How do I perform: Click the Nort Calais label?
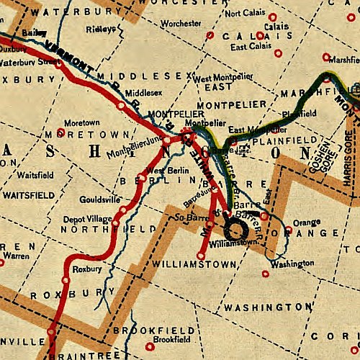click(x=247, y=13)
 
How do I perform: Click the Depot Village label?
click(x=85, y=217)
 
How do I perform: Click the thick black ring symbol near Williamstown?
click(x=235, y=230)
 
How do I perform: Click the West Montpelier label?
click(x=221, y=77)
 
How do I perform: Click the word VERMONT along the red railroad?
click(x=68, y=56)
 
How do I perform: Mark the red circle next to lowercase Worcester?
click(x=210, y=34)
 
